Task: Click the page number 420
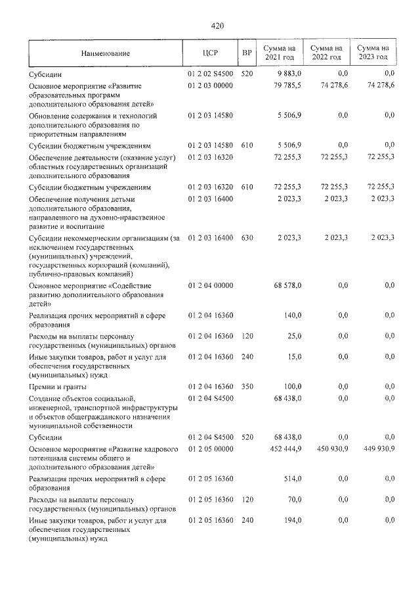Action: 217,26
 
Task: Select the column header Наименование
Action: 106,53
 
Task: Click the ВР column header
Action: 247,53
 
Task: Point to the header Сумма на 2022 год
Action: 326,53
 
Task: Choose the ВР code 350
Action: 247,387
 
